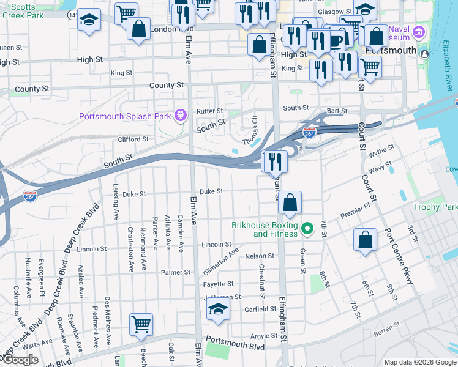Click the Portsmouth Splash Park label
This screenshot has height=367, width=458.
(x=124, y=117)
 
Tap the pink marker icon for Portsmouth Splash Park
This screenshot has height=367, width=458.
(x=180, y=114)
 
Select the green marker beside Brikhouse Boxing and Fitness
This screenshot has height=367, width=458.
(x=309, y=229)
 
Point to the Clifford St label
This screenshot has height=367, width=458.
(x=133, y=139)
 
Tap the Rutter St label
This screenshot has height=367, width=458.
(x=209, y=111)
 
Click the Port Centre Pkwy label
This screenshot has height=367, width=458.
(x=399, y=258)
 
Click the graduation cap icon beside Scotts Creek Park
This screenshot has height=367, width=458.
(x=89, y=20)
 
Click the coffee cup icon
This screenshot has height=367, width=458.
(x=336, y=39)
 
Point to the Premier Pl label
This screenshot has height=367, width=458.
(x=356, y=212)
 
